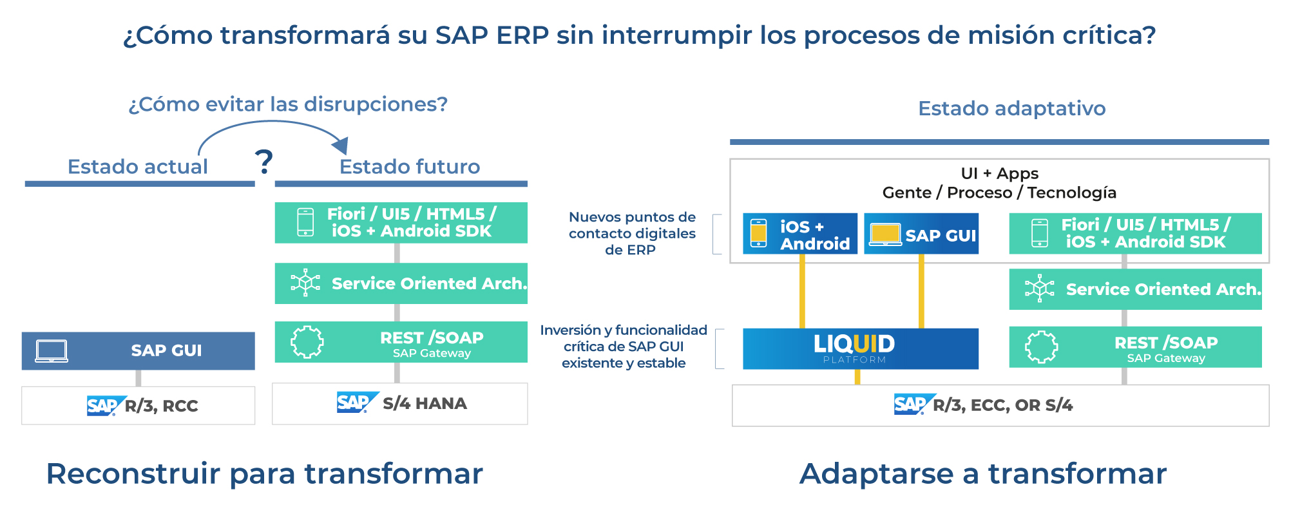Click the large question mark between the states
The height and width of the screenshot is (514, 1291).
click(263, 162)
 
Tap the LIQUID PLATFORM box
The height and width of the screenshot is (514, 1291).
click(860, 348)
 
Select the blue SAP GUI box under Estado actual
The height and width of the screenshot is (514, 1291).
click(139, 351)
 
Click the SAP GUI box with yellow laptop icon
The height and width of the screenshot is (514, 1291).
click(921, 234)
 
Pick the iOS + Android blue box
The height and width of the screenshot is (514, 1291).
click(799, 234)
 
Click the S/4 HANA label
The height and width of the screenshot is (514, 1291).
click(425, 404)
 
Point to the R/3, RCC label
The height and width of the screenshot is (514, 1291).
click(161, 406)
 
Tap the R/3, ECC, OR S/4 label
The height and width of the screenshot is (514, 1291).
click(1002, 406)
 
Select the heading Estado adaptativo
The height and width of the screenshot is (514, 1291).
click(1011, 108)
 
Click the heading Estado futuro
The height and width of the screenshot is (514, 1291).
click(410, 167)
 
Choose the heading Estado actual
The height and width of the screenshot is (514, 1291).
click(138, 167)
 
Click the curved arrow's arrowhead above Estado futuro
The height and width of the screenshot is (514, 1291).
click(341, 145)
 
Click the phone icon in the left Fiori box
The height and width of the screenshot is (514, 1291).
click(305, 222)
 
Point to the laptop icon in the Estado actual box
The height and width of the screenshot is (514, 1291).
click(52, 351)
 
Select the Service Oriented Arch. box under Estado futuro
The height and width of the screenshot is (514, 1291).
click(401, 283)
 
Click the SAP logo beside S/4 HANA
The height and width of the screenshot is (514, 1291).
click(354, 403)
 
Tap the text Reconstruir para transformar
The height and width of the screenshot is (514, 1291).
click(264, 474)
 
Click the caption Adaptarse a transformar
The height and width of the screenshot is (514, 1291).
click(983, 474)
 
